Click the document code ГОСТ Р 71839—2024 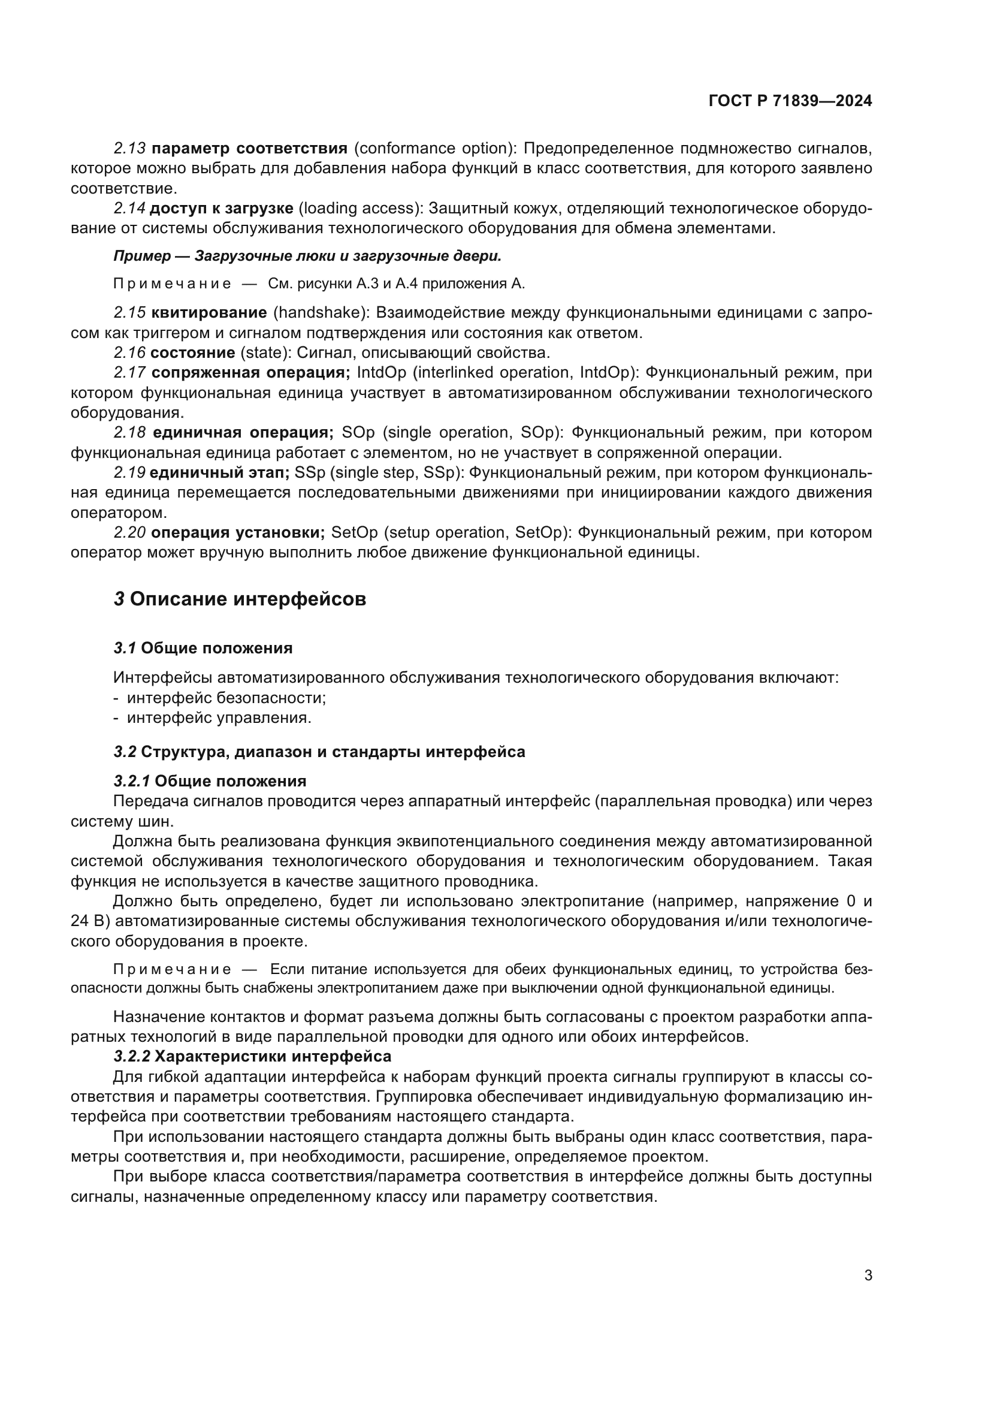pyautogui.click(x=790, y=101)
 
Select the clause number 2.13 pyautogui.click(x=129, y=149)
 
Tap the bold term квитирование pyautogui.click(x=209, y=313)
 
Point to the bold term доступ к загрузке pyautogui.click(x=222, y=208)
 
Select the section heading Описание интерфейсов pyautogui.click(x=248, y=599)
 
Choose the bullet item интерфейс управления pyautogui.click(x=219, y=717)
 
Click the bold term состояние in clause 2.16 pyautogui.click(x=192, y=352)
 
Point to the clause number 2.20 pyautogui.click(x=129, y=532)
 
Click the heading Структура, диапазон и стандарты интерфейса pyautogui.click(x=333, y=752)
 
